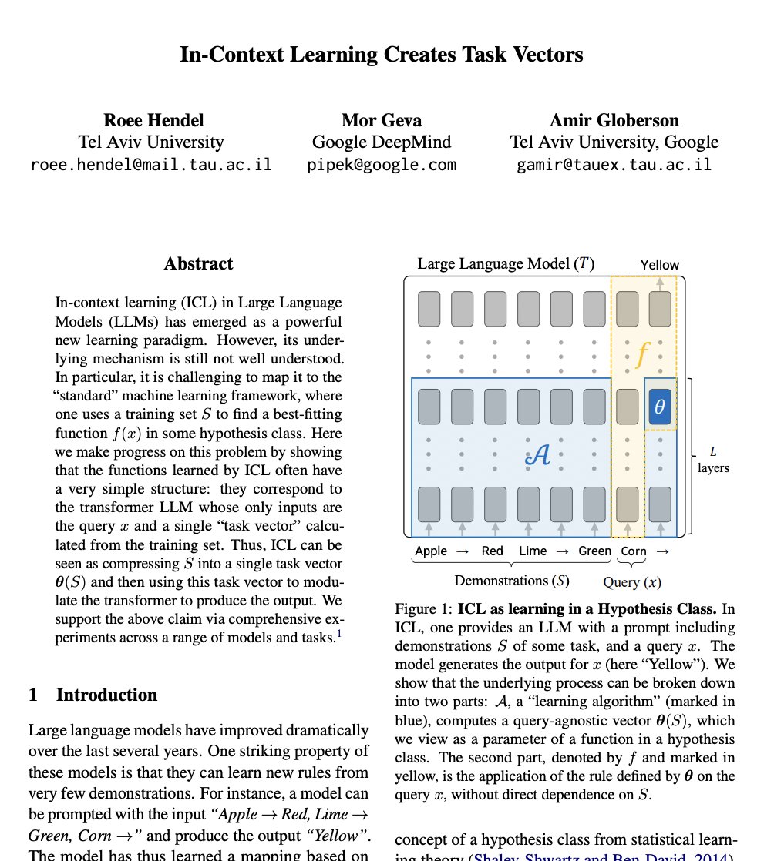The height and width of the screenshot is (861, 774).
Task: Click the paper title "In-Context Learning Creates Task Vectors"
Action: (x=382, y=55)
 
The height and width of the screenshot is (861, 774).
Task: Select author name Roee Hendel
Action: (x=153, y=120)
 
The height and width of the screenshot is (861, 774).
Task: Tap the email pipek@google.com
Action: (x=382, y=164)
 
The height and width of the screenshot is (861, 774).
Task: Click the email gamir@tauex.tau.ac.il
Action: (x=614, y=164)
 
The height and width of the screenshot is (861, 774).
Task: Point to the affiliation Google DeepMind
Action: (x=382, y=142)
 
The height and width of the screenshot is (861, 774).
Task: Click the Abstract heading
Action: (x=198, y=264)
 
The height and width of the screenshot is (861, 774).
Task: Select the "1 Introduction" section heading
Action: (x=93, y=695)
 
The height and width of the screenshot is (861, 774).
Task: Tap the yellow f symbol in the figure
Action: (x=642, y=353)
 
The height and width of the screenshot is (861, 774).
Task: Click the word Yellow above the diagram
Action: (x=660, y=265)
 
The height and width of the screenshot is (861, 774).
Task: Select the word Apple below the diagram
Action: (x=431, y=551)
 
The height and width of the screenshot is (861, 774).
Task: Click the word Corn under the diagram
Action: (x=634, y=551)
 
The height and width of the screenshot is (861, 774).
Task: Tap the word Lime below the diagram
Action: (x=533, y=551)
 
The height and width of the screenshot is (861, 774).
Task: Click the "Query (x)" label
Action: (x=632, y=582)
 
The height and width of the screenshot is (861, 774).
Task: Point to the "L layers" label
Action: (x=713, y=460)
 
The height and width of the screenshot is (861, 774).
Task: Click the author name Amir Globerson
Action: (x=614, y=120)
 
